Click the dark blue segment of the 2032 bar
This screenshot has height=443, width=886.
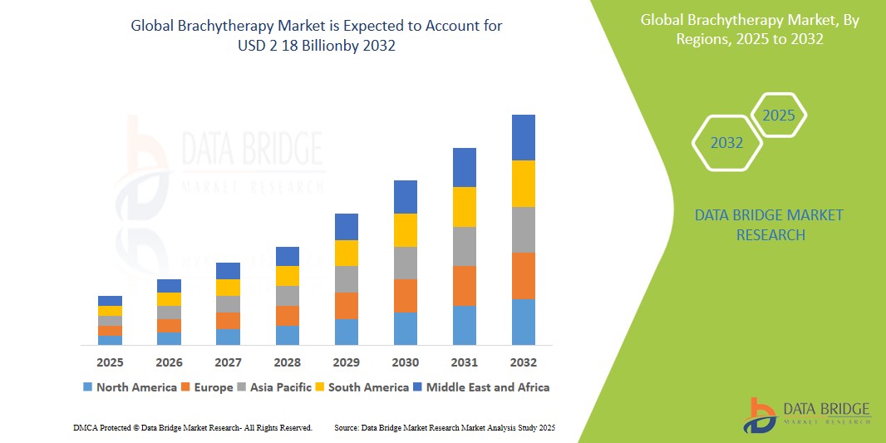(524, 137)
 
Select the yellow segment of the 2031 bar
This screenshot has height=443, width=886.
(465, 207)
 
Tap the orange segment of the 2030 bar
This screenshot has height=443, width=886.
(406, 296)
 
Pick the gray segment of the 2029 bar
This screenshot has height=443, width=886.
(347, 279)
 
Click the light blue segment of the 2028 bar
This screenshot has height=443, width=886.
(288, 335)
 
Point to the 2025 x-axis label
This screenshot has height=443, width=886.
(110, 362)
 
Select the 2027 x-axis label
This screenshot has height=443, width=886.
(228, 362)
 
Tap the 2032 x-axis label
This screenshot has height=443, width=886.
(524, 362)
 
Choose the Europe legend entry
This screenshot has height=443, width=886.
(207, 387)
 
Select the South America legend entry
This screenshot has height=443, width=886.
(362, 387)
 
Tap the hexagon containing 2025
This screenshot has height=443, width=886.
(779, 116)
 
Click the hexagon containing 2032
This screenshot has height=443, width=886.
(727, 143)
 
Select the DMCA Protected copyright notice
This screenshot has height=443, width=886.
(193, 427)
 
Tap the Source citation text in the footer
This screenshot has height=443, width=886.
(444, 427)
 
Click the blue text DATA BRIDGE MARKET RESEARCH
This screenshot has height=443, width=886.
(768, 225)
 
